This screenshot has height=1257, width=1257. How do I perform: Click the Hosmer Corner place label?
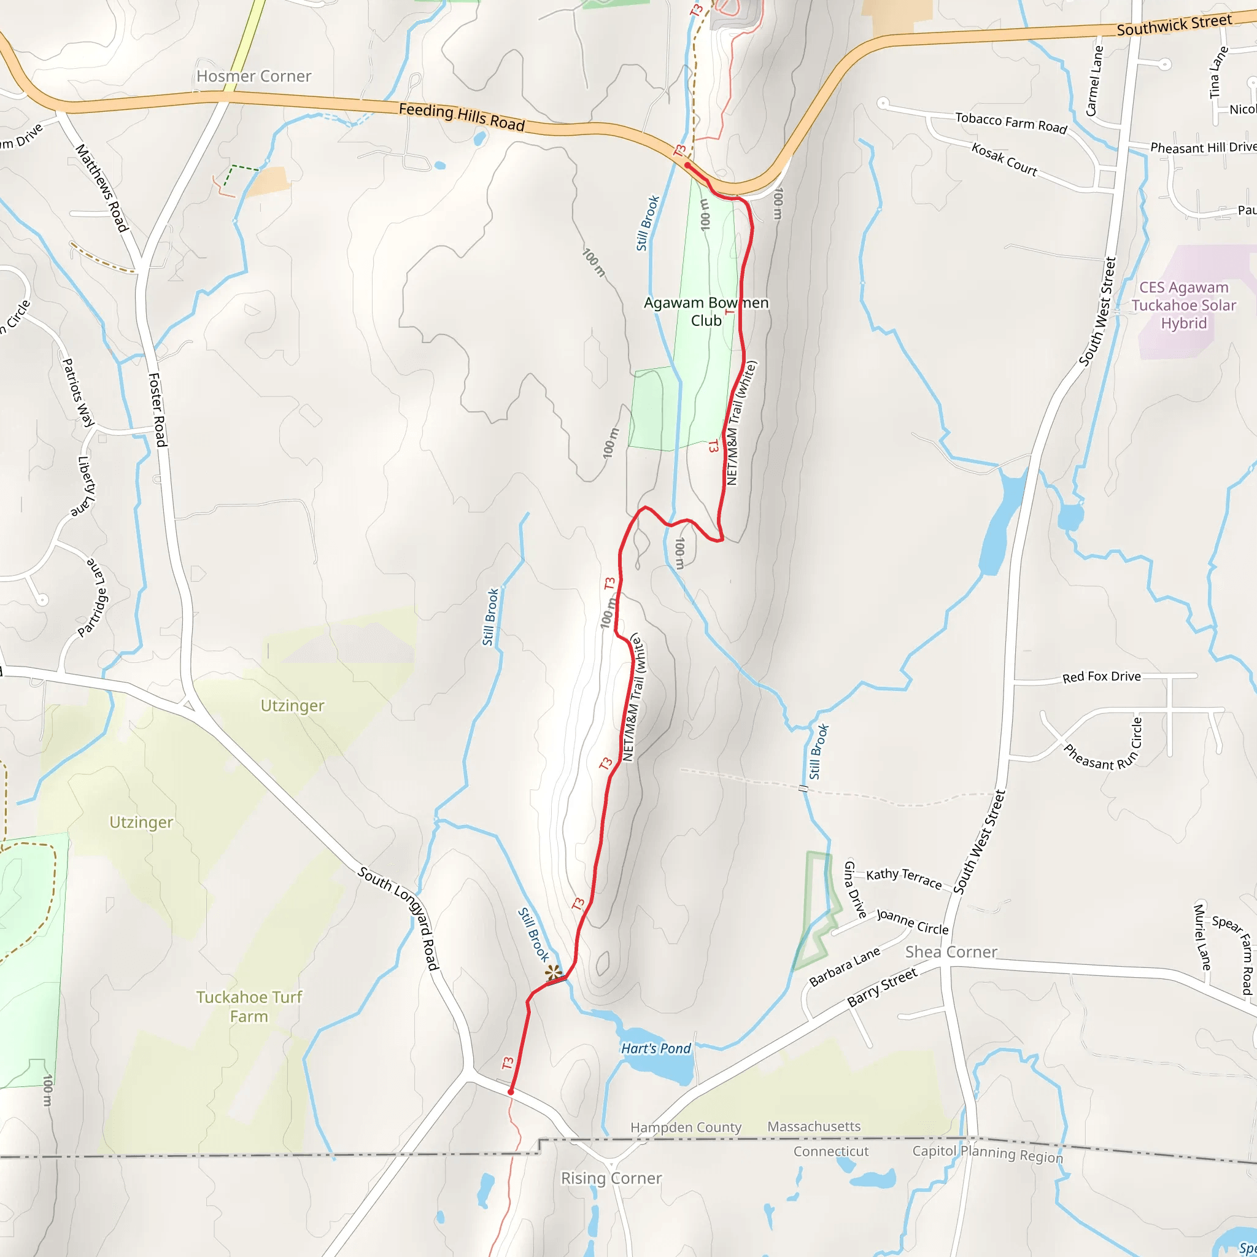[253, 77]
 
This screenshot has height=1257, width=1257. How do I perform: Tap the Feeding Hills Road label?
[462, 117]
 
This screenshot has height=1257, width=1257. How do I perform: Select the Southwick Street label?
[1174, 25]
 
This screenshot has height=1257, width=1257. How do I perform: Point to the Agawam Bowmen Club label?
[706, 312]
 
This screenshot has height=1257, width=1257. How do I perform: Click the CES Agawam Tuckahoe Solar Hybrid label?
[1183, 305]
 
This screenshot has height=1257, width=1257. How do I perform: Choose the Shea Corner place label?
[951, 952]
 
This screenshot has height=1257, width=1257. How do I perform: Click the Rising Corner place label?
[611, 1178]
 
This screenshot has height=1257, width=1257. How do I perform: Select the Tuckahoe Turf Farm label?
[249, 1007]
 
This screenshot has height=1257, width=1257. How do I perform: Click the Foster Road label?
[158, 410]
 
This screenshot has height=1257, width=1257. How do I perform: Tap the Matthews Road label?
[101, 188]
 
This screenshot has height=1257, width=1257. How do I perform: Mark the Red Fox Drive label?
[1101, 676]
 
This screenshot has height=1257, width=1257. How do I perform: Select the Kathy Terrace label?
[903, 878]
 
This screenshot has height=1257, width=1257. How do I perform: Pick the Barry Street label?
[881, 987]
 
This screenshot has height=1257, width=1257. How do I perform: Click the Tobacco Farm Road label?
[1010, 122]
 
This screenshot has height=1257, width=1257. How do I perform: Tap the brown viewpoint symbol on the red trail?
[553, 973]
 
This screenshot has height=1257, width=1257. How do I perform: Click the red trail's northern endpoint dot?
[687, 166]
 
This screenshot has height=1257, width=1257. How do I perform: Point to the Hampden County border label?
[686, 1127]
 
